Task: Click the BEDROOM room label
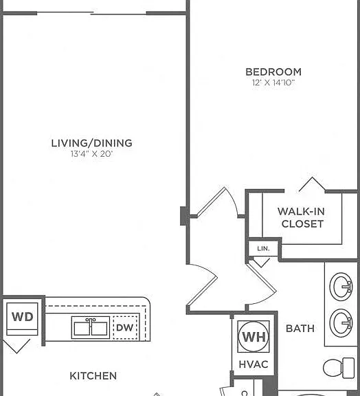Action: coord(273,72)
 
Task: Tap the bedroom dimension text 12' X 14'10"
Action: coord(273,82)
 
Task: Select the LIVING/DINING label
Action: coord(91,143)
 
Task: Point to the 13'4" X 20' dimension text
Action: coord(91,154)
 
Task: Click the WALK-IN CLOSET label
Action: coord(302,217)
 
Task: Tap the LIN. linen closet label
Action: coord(263,249)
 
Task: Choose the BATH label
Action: coord(300,329)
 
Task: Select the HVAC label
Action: coord(254,364)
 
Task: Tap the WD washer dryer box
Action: coord(22,319)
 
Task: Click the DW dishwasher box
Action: coord(125,327)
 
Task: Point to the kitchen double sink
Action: coord(91,327)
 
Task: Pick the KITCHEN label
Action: coord(93,376)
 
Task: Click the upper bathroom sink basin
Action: coord(341,287)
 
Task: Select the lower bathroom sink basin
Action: coord(341,323)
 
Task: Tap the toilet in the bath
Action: coord(339,368)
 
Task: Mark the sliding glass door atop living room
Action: coord(91,13)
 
